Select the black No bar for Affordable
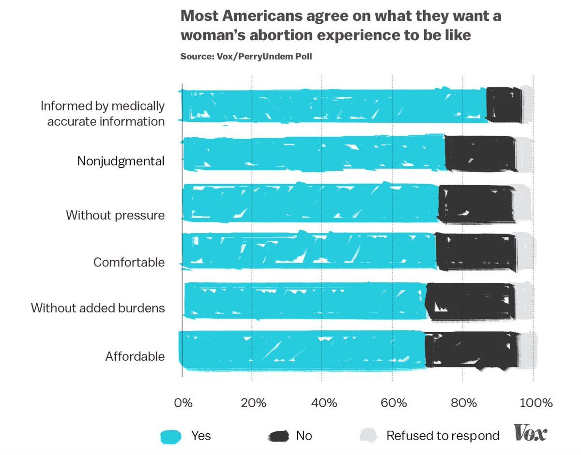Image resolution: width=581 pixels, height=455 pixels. click(x=472, y=351)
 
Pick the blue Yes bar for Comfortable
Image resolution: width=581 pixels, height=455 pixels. click(x=309, y=250)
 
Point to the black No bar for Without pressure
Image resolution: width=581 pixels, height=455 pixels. click(x=476, y=204)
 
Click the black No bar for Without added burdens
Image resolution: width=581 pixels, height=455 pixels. click(x=470, y=301)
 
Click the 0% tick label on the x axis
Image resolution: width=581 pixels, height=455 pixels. click(x=183, y=403)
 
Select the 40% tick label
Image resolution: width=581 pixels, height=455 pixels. click(x=322, y=403)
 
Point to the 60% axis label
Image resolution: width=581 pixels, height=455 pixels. click(x=392, y=403)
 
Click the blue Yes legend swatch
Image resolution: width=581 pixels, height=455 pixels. click(x=170, y=436)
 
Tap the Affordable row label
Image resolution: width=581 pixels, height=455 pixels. click(x=135, y=357)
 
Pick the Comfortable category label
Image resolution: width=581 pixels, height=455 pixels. click(x=129, y=263)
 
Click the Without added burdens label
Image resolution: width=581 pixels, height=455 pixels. click(x=98, y=308)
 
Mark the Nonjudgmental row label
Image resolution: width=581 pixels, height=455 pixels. click(x=121, y=161)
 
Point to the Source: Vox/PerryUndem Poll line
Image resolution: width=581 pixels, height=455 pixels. click(x=246, y=57)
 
